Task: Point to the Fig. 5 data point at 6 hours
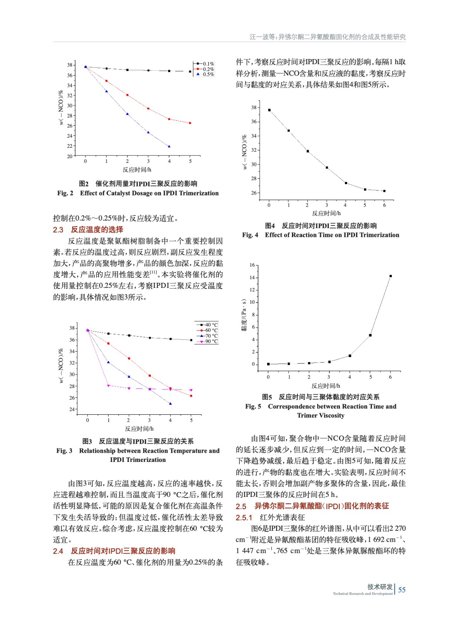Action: click(391, 276)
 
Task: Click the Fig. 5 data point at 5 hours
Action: click(370, 335)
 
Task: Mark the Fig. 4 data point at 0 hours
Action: click(269, 110)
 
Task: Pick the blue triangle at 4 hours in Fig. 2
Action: click(169, 146)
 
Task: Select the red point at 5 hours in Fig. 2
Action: click(190, 123)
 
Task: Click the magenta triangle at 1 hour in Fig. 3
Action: click(108, 386)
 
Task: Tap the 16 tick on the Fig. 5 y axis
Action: click(252, 265)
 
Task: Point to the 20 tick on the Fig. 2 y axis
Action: click(70, 156)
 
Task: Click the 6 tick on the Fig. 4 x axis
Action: click(384, 205)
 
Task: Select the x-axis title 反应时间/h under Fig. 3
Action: click(139, 429)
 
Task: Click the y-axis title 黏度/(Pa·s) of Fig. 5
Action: click(244, 315)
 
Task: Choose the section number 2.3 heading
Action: click(58, 230)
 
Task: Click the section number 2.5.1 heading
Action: click(244, 518)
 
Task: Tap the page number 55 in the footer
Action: click(402, 590)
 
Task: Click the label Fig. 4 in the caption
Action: click(250, 235)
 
